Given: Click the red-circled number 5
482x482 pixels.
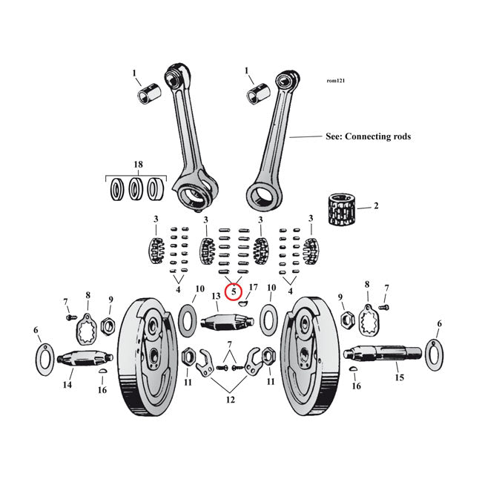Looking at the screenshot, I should point(234,292).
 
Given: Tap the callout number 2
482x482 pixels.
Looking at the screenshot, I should point(375,205).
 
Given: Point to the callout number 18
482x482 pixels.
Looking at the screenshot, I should point(137,164).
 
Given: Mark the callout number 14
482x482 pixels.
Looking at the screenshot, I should point(67,386).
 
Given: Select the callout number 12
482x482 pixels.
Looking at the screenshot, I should point(231,400).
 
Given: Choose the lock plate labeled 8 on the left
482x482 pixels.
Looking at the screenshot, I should point(87,324).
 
